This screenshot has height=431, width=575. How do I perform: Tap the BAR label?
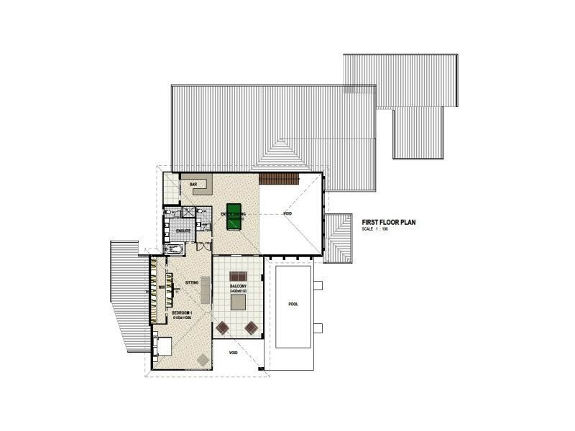coord(193,185)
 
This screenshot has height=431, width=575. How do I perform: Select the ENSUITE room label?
coord(183,231)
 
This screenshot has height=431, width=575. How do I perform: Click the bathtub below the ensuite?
coord(175,250)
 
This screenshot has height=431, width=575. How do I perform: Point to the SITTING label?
coord(192,283)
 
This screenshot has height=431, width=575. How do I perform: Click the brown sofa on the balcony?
coord(237,277)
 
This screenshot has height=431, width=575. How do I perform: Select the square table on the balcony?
coord(237,303)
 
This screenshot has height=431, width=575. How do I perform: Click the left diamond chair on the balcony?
coord(223,328)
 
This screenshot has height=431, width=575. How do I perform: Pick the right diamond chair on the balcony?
coord(251,328)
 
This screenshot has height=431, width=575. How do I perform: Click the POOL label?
coord(293,304)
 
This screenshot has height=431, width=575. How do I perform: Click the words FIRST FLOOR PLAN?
coord(389,223)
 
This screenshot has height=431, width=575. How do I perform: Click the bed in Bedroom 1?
coord(162,346)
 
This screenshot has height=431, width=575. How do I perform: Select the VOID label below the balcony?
coord(233,353)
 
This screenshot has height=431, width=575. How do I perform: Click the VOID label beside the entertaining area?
coord(287,214)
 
